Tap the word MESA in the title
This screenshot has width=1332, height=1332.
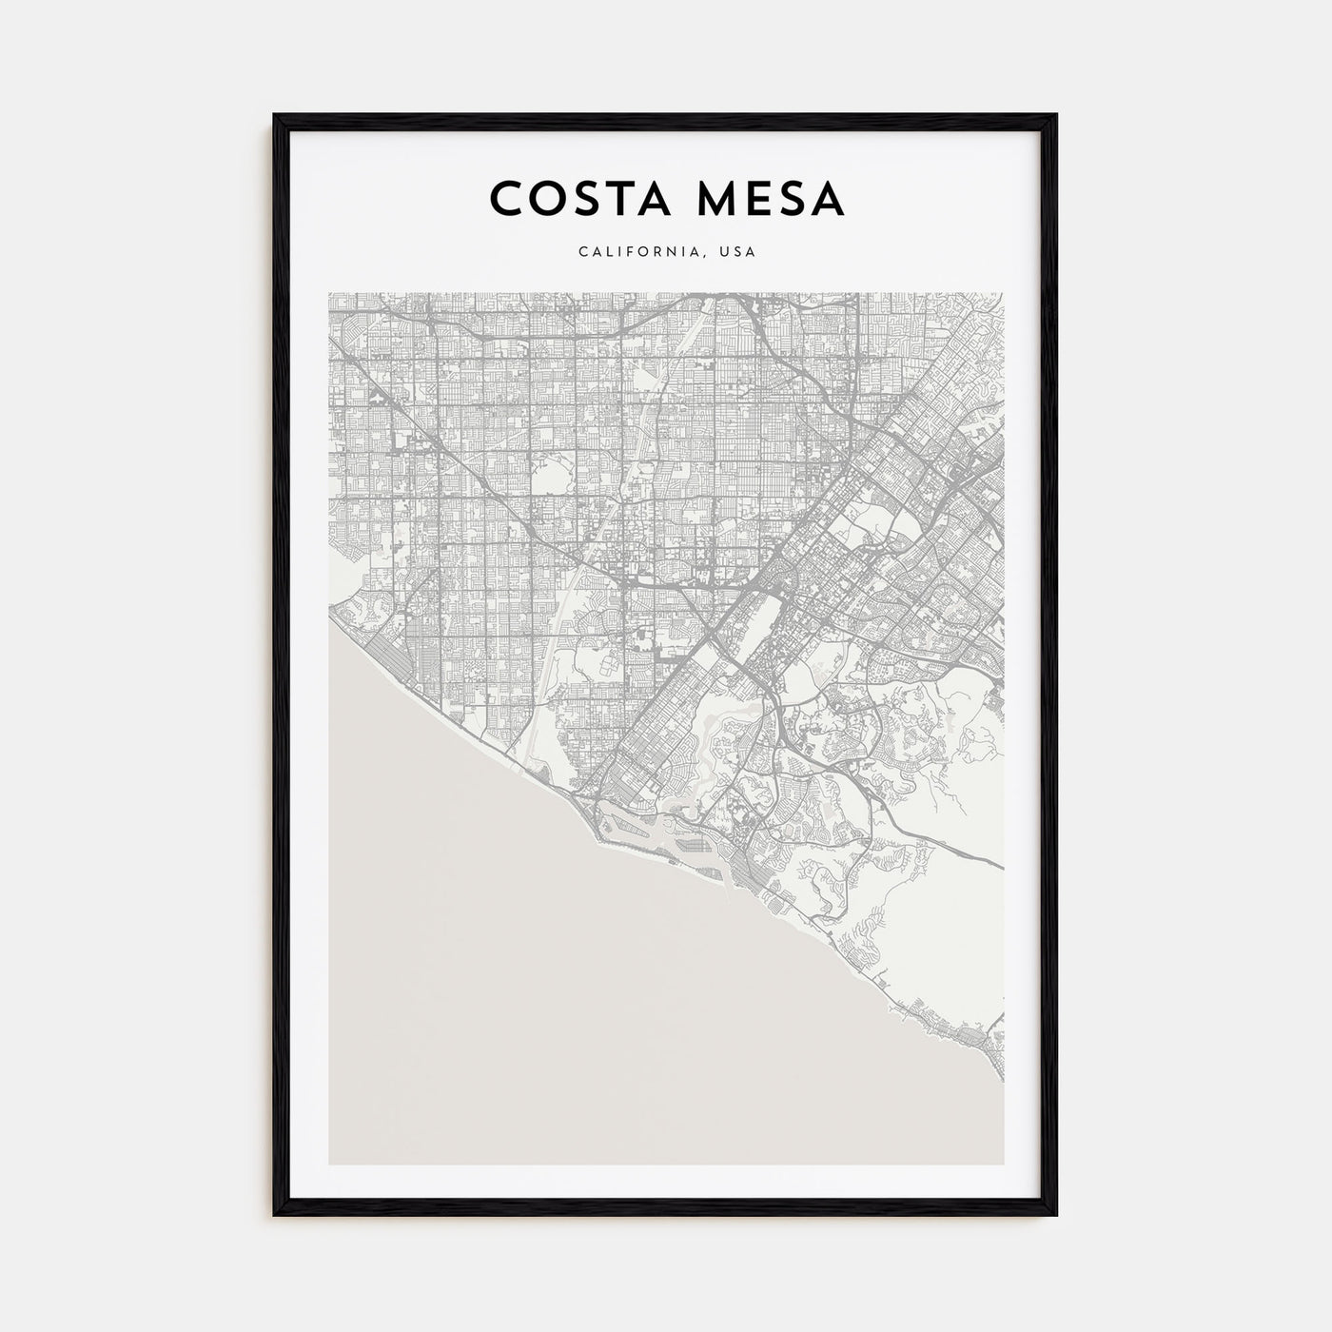click(771, 199)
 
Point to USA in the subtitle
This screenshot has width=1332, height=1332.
click(738, 253)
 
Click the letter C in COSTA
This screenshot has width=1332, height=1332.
click(505, 199)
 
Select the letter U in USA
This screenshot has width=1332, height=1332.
click(725, 253)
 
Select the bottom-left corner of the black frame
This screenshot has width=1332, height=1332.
click(275, 1215)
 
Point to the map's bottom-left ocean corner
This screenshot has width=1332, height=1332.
click(332, 1161)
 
